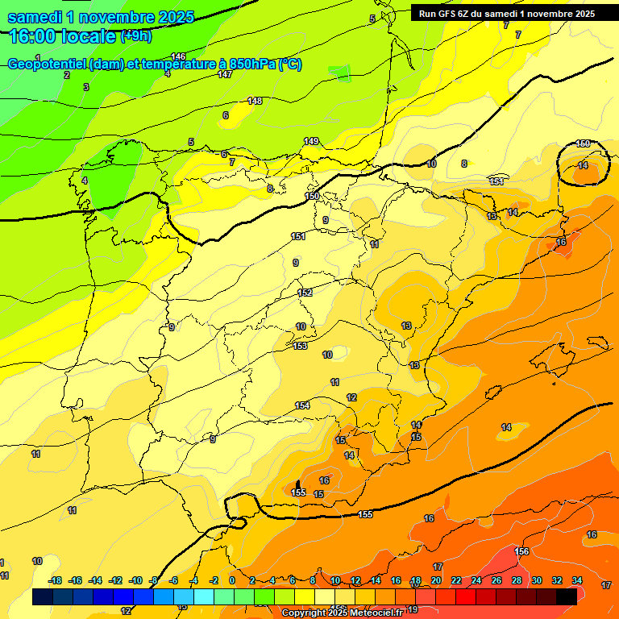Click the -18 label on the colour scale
pyautogui.click(x=55, y=580)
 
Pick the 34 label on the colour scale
pyautogui.click(x=577, y=580)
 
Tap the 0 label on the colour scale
pyautogui.click(x=232, y=580)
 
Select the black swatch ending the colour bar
pyautogui.click(x=567, y=596)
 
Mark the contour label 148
pyautogui.click(x=255, y=101)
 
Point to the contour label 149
pyautogui.click(x=311, y=142)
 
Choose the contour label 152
pyautogui.click(x=305, y=293)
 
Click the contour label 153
pyautogui.click(x=301, y=346)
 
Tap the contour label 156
pyautogui.click(x=522, y=551)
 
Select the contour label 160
pyautogui.click(x=583, y=143)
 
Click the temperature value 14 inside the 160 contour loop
pyautogui.click(x=583, y=164)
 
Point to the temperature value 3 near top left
pyautogui.click(x=86, y=87)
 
